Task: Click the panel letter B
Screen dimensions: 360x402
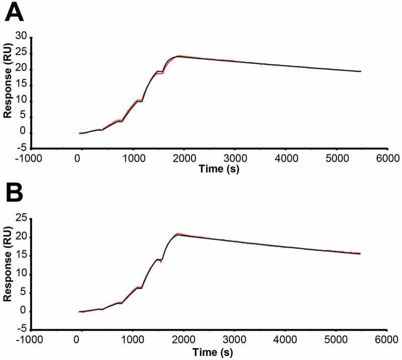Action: pyautogui.click(x=15, y=193)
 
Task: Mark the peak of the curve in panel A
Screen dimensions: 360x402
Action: pyautogui.click(x=179, y=56)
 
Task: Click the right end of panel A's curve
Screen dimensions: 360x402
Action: pyautogui.click(x=360, y=71)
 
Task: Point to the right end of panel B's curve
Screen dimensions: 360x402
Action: pyautogui.click(x=360, y=254)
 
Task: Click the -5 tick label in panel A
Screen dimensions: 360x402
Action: pyautogui.click(x=20, y=149)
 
